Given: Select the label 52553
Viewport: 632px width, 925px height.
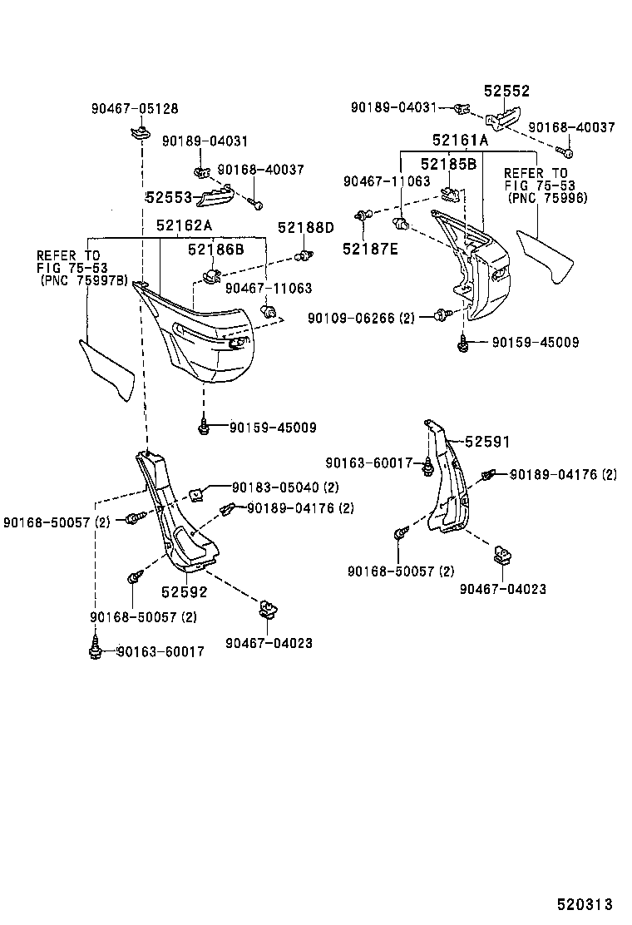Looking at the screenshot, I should tap(170, 197).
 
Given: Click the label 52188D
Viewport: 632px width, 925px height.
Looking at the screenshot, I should tap(305, 227).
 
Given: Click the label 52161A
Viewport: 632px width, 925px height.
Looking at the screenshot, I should tap(460, 141).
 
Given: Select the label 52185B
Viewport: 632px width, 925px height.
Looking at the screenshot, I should tap(447, 164).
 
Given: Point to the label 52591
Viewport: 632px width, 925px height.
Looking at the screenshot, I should tap(486, 443).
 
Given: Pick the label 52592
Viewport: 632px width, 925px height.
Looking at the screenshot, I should tap(184, 592).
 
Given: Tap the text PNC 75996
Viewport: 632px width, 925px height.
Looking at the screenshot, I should tap(548, 198).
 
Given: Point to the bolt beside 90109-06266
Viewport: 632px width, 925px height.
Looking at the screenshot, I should tap(442, 314).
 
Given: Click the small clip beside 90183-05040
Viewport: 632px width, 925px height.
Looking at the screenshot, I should tap(197, 495).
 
